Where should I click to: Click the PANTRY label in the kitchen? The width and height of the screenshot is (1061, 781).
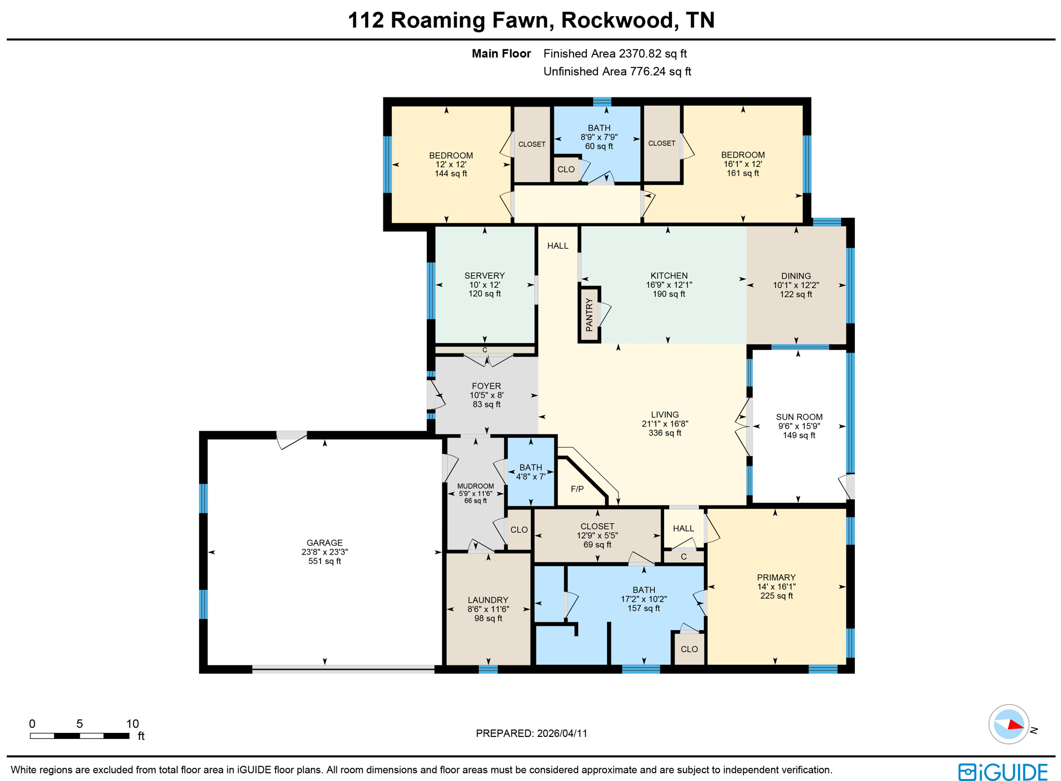point(589,315)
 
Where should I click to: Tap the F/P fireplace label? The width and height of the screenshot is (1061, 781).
point(577,489)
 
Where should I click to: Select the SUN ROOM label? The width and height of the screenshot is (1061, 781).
point(798,417)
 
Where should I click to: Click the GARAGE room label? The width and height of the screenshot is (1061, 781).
point(324,543)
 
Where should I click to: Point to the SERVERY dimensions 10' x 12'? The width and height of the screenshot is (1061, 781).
point(484,285)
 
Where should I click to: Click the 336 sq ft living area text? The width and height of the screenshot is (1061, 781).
point(665,433)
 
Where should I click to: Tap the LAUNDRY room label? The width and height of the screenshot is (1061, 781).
point(488,600)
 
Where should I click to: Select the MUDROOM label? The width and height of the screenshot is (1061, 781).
point(475,486)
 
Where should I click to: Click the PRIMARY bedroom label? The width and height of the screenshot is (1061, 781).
point(776,577)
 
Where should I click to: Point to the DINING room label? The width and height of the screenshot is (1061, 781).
point(796,276)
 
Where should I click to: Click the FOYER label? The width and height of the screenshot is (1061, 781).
point(486,386)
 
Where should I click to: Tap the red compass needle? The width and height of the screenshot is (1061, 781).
point(1015,725)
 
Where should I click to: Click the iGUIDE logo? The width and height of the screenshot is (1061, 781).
point(1002,772)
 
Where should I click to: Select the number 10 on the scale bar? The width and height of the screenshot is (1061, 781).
point(133,723)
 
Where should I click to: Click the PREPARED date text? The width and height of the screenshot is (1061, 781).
point(531,733)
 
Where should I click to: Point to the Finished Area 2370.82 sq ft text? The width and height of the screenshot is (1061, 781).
point(615,53)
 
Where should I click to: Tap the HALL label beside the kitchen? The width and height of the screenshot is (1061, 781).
point(557,246)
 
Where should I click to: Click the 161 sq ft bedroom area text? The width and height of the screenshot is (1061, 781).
point(742,173)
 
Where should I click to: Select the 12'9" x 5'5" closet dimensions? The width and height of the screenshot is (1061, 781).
point(597,535)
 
